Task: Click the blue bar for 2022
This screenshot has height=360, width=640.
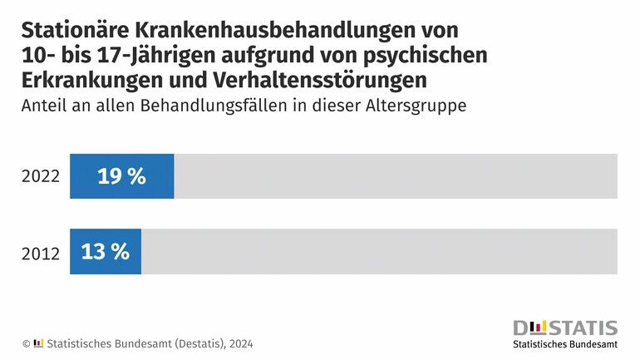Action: coord(121,176)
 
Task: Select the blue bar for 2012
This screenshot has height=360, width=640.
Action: coord(106,251)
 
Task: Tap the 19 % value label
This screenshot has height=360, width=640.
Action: coord(121,176)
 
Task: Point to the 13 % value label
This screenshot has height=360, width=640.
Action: coord(106,251)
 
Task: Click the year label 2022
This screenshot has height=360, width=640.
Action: coord(41,177)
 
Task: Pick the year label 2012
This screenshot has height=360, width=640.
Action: coord(41,253)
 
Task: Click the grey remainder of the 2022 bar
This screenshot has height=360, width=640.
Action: coord(395,176)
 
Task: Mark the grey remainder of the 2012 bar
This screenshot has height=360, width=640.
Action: coord(378,251)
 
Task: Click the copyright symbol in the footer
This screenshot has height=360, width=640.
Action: coord(26,343)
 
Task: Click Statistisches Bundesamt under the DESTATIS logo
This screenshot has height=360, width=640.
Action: coord(565,344)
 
